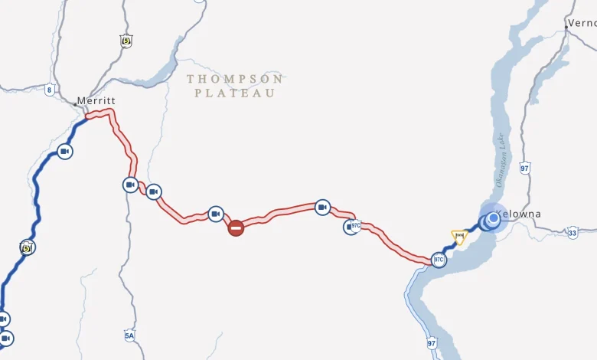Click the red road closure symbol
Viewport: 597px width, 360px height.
(x=236, y=227)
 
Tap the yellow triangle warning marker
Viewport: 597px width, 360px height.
(x=459, y=236)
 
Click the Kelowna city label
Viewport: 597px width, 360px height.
(x=518, y=214)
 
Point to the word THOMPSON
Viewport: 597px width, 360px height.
(x=234, y=79)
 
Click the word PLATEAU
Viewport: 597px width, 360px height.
(x=234, y=93)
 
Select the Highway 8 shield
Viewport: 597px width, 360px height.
(x=50, y=90)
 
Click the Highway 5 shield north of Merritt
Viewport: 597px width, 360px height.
(x=126, y=41)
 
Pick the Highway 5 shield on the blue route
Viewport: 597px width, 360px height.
(x=28, y=247)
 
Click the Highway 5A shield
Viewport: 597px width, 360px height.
(x=129, y=335)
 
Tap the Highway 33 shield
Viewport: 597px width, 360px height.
(x=573, y=232)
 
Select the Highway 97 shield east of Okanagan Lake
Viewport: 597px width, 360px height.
(x=524, y=167)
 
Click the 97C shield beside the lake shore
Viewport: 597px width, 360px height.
(x=439, y=260)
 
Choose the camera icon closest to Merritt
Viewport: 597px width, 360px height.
(x=65, y=152)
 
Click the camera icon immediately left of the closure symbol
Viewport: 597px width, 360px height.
(x=216, y=214)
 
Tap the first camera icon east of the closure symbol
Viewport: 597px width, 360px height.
(x=322, y=207)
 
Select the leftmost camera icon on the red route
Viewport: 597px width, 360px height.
(x=131, y=185)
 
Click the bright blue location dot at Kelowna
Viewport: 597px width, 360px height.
(x=494, y=219)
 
